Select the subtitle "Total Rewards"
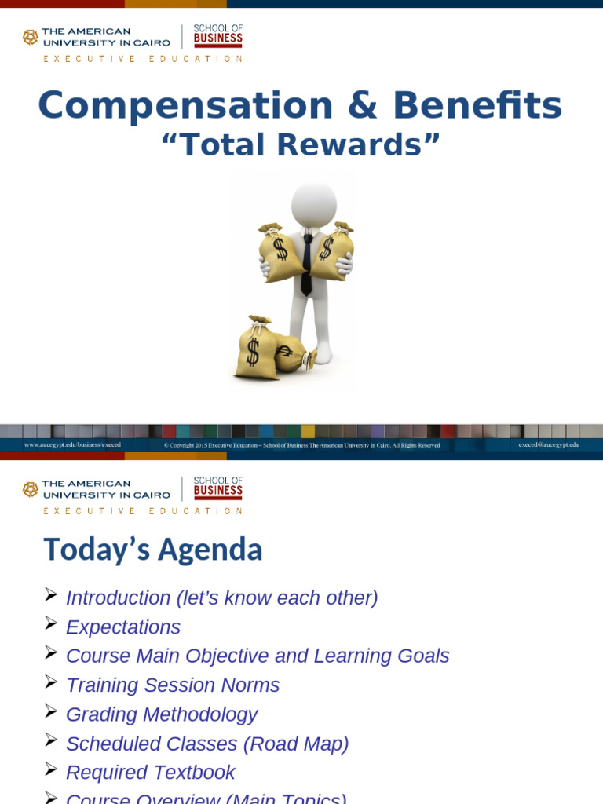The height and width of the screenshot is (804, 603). (300, 145)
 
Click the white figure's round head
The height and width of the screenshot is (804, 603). (313, 206)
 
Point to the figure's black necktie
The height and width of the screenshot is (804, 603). (307, 263)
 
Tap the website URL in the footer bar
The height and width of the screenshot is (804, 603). (72, 444)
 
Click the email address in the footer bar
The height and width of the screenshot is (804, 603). (549, 444)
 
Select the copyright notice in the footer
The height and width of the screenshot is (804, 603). (302, 445)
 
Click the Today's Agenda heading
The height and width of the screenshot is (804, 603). (152, 550)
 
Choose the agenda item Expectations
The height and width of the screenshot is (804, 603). (123, 627)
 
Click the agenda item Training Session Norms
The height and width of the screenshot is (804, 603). (173, 685)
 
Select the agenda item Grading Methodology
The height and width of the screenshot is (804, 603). (162, 714)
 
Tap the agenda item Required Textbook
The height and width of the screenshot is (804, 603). (151, 773)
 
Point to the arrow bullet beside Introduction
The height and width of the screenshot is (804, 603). (51, 595)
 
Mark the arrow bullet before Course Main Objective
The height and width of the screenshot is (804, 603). (51, 653)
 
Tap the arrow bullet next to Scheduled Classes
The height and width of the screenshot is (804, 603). (51, 740)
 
